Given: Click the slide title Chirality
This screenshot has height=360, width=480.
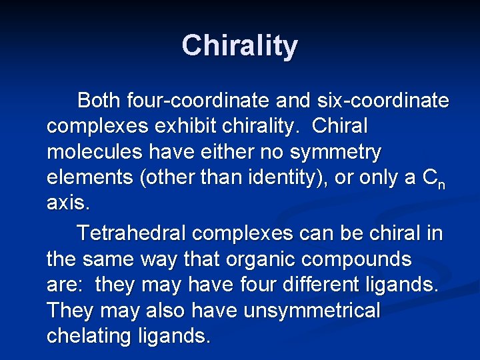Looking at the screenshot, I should (x=239, y=46).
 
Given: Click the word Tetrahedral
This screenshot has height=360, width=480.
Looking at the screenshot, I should (x=131, y=233).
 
